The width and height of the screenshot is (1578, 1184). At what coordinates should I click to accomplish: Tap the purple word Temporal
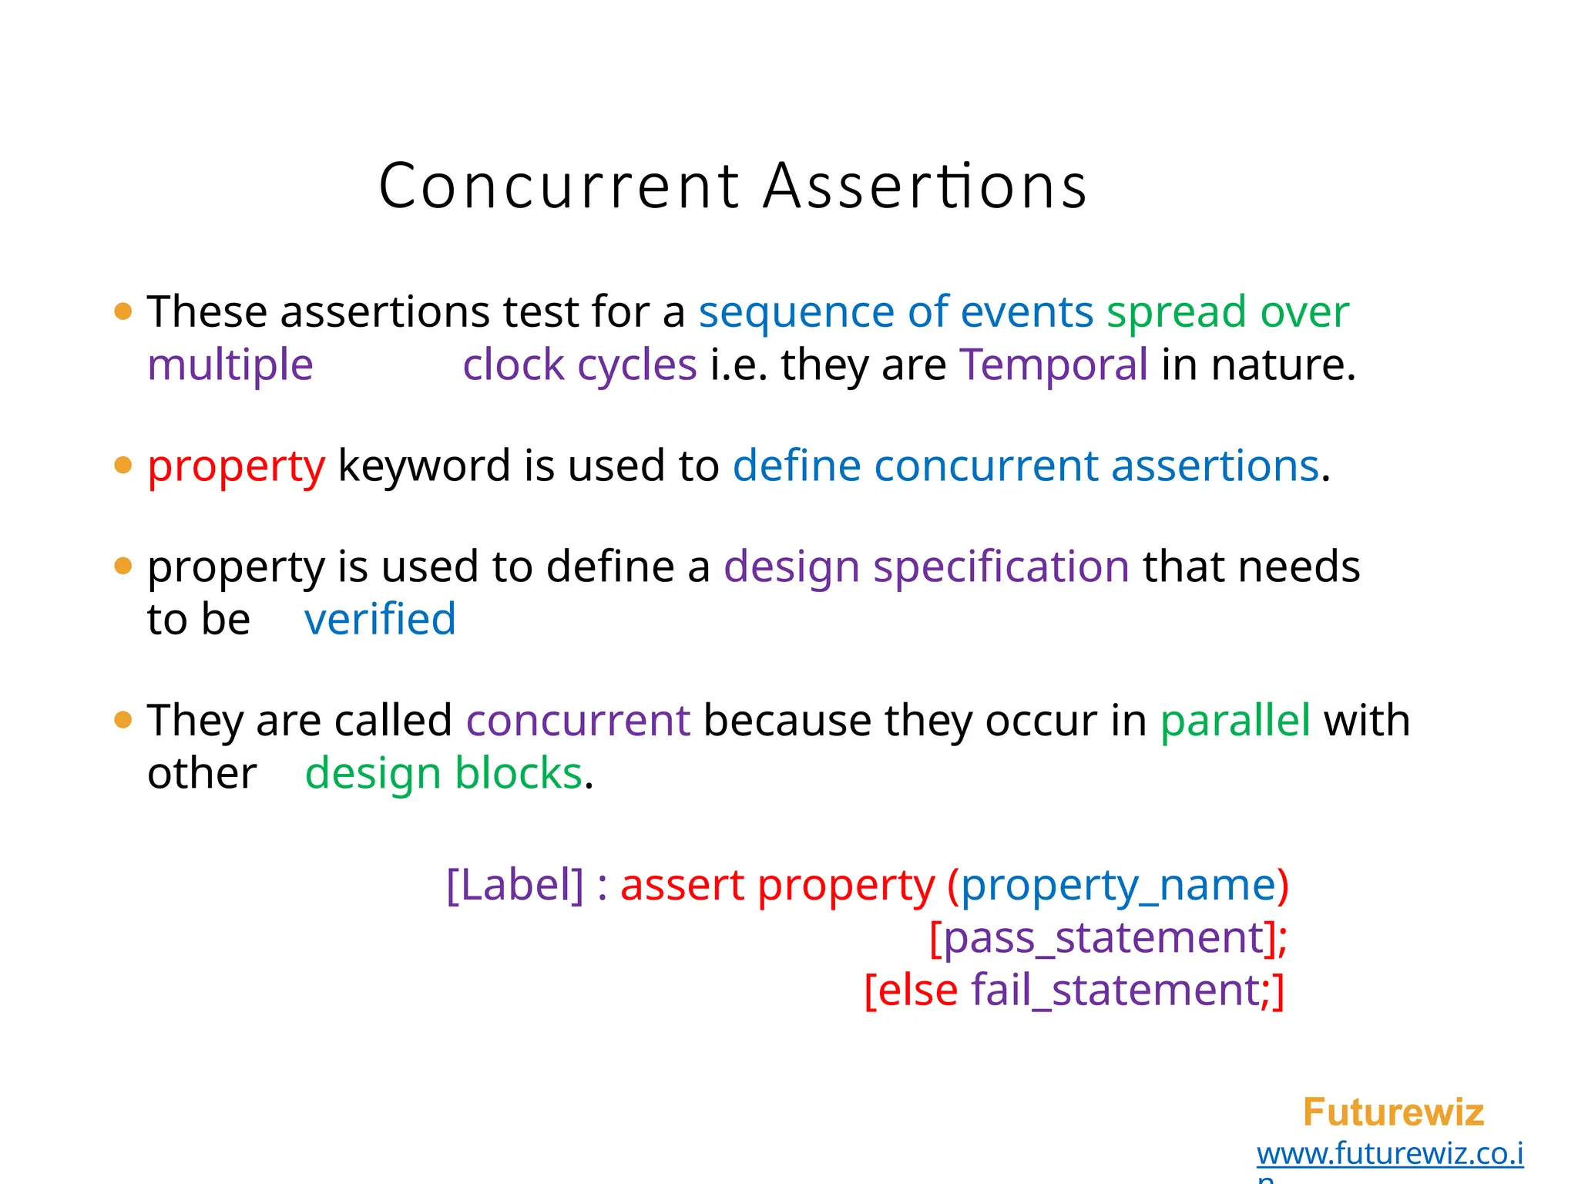coord(1053,365)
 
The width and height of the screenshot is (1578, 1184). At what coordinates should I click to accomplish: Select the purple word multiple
coord(230,365)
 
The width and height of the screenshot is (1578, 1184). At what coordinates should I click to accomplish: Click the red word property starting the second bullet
coord(237,467)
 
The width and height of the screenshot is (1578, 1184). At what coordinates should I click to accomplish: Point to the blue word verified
coord(380,620)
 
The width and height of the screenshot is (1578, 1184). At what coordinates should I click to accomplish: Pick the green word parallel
coord(1235,721)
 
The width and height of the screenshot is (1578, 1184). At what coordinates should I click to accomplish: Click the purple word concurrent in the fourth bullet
coord(578,721)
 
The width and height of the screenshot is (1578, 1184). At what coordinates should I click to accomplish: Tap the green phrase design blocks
coord(444,774)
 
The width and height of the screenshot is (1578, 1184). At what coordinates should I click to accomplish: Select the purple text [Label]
coord(515,885)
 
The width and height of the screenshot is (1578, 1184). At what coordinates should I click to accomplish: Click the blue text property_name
coord(1118,885)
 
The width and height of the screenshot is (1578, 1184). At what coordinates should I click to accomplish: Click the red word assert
coord(682,885)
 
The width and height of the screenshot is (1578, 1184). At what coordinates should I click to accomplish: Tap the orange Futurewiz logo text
coord(1393,1112)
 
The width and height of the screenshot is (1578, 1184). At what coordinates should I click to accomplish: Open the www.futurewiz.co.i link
coord(1389,1153)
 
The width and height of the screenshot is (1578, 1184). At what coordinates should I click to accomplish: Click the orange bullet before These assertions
coord(123,311)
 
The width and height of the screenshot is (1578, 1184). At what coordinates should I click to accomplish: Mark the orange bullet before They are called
coord(123,720)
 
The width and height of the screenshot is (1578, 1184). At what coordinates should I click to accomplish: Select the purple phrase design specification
coord(926,567)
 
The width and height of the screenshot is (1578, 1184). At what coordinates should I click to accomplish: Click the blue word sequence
coord(796,312)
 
